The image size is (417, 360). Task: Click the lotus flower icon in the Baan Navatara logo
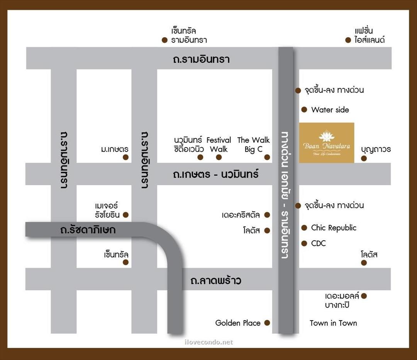click(x=326, y=136)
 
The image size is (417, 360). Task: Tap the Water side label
click(x=330, y=110)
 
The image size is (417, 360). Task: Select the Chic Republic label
click(x=334, y=228)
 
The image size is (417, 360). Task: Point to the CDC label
click(x=319, y=243)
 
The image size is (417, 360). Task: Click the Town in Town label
click(x=333, y=323)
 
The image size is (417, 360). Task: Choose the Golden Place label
click(x=238, y=323)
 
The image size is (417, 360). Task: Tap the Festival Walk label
click(x=219, y=144)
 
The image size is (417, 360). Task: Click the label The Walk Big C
click(x=253, y=144)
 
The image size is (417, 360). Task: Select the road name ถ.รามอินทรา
click(x=201, y=59)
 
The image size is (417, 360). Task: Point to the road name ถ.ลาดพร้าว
click(x=216, y=280)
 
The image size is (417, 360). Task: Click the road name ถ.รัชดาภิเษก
click(x=88, y=230)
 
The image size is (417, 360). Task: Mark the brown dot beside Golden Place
click(x=267, y=323)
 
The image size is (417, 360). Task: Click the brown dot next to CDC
click(x=304, y=243)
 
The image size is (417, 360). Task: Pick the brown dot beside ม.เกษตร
click(x=125, y=157)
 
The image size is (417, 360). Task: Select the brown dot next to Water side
click(x=304, y=110)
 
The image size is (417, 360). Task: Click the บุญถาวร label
click(x=376, y=149)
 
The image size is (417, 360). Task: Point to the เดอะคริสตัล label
click(x=241, y=215)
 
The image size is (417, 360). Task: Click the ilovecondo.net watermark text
click(x=209, y=342)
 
